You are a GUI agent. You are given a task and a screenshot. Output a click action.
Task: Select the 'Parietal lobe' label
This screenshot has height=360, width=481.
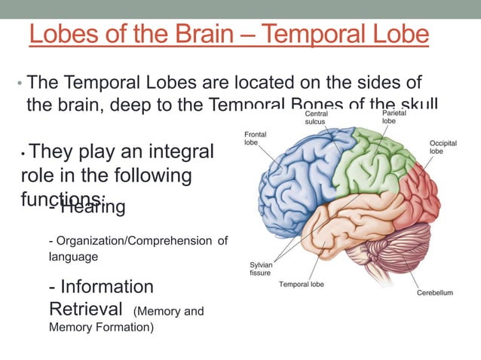tap(394, 117)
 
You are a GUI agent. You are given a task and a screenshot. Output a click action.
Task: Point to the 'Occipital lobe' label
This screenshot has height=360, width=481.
tap(443, 147)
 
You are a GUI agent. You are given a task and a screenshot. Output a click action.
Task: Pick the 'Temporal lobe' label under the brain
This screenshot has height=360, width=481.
tap(302, 284)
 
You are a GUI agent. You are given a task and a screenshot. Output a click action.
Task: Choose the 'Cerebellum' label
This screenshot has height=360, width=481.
tap(435, 292)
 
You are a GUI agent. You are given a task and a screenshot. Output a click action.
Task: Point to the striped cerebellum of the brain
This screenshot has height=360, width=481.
tap(400, 252)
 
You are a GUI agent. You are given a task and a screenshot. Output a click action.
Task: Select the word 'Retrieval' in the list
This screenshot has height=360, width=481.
tap(86, 309)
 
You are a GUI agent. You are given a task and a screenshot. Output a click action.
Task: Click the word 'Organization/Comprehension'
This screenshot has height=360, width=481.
tap(130, 241)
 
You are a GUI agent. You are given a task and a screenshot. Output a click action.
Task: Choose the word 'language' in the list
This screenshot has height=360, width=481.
tap(73, 257)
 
